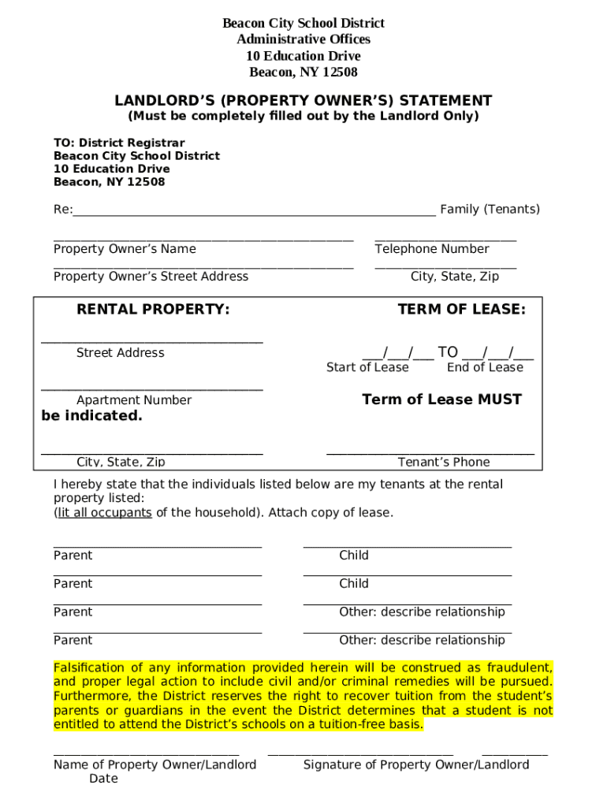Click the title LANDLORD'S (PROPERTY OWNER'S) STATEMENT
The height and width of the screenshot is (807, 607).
click(303, 101)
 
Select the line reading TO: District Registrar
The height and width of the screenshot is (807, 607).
click(119, 143)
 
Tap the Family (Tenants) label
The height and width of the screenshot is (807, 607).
click(490, 209)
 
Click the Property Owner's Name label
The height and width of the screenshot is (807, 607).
click(125, 249)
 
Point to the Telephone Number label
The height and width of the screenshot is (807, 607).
click(431, 249)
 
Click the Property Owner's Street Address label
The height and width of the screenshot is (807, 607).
click(151, 276)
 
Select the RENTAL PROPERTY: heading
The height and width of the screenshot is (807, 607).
click(153, 310)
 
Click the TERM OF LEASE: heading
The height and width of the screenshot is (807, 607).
click(461, 310)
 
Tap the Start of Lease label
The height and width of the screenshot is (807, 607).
click(367, 367)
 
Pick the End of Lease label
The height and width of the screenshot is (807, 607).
click(485, 367)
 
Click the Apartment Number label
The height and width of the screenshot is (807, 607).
click(134, 400)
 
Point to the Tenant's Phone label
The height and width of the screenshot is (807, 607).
click(444, 462)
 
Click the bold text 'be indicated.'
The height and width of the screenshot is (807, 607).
click(91, 416)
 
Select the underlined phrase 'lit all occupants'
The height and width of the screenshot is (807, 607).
click(102, 512)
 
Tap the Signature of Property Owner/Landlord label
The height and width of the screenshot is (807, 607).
click(416, 764)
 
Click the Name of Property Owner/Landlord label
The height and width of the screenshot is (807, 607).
click(155, 764)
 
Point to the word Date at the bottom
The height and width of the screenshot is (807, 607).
click(103, 779)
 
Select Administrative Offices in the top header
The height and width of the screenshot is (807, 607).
click(303, 39)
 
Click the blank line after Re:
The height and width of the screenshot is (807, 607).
click(254, 210)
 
